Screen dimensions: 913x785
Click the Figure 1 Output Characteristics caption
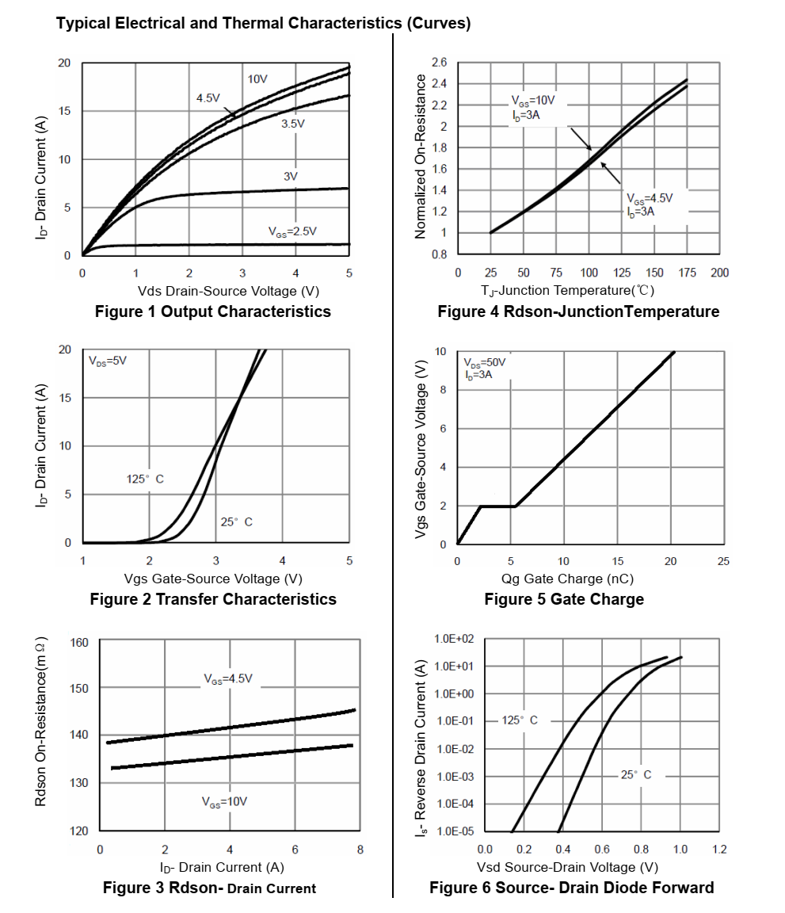(212, 311)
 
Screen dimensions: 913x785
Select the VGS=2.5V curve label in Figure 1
(292, 231)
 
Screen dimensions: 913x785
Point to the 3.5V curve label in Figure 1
(292, 124)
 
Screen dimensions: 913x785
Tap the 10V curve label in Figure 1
(257, 79)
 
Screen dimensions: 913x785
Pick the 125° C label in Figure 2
(145, 479)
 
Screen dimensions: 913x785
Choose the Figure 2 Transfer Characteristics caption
(213, 599)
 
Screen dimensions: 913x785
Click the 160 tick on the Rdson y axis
(80, 642)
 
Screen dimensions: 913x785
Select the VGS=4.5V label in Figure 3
(227, 679)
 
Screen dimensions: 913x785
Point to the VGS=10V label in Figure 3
(225, 802)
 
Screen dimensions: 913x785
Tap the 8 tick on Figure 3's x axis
(360, 850)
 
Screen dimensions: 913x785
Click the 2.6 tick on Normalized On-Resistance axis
(440, 63)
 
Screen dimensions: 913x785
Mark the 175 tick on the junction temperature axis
(688, 273)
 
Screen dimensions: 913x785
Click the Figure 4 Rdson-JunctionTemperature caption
(578, 311)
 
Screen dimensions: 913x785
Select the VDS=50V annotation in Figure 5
(484, 362)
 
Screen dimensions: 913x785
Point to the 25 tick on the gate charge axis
(722, 561)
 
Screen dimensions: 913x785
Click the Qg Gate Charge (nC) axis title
(567, 579)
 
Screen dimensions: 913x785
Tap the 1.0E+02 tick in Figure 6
(454, 639)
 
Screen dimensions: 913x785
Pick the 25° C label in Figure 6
(636, 775)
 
